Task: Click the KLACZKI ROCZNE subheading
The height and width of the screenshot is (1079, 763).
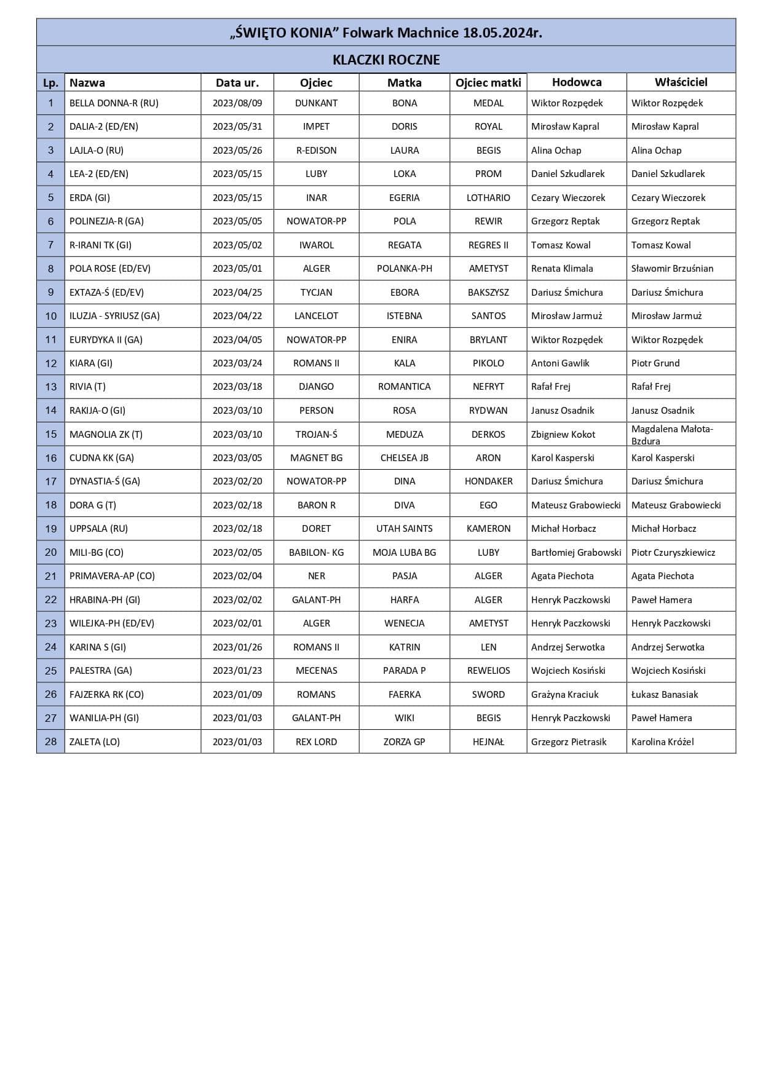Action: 386,60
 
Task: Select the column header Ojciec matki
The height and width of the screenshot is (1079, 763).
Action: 488,82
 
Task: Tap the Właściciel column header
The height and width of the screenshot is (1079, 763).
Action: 681,82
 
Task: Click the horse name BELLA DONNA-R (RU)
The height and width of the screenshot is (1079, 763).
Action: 114,103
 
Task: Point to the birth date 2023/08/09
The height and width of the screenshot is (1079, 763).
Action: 237,103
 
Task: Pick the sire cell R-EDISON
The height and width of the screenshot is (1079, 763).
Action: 316,151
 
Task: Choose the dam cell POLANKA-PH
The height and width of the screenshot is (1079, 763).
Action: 405,269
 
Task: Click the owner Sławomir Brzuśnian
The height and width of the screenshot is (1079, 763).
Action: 672,269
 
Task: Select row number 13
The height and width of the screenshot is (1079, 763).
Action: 51,387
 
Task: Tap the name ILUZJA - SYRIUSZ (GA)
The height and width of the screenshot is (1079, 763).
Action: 114,316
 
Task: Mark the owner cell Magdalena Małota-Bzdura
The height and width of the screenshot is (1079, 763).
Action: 672,435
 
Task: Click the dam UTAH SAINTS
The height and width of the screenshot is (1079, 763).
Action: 405,529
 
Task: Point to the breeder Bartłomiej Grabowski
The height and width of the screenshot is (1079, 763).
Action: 576,553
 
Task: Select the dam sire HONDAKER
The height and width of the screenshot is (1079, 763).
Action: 488,481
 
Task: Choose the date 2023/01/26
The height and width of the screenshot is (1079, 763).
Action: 237,647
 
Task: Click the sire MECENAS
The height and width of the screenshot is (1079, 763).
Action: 316,671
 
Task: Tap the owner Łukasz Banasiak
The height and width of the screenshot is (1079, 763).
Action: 665,695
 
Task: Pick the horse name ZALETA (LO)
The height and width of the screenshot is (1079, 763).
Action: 95,742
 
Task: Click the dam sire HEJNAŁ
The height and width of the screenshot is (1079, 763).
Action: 488,742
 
